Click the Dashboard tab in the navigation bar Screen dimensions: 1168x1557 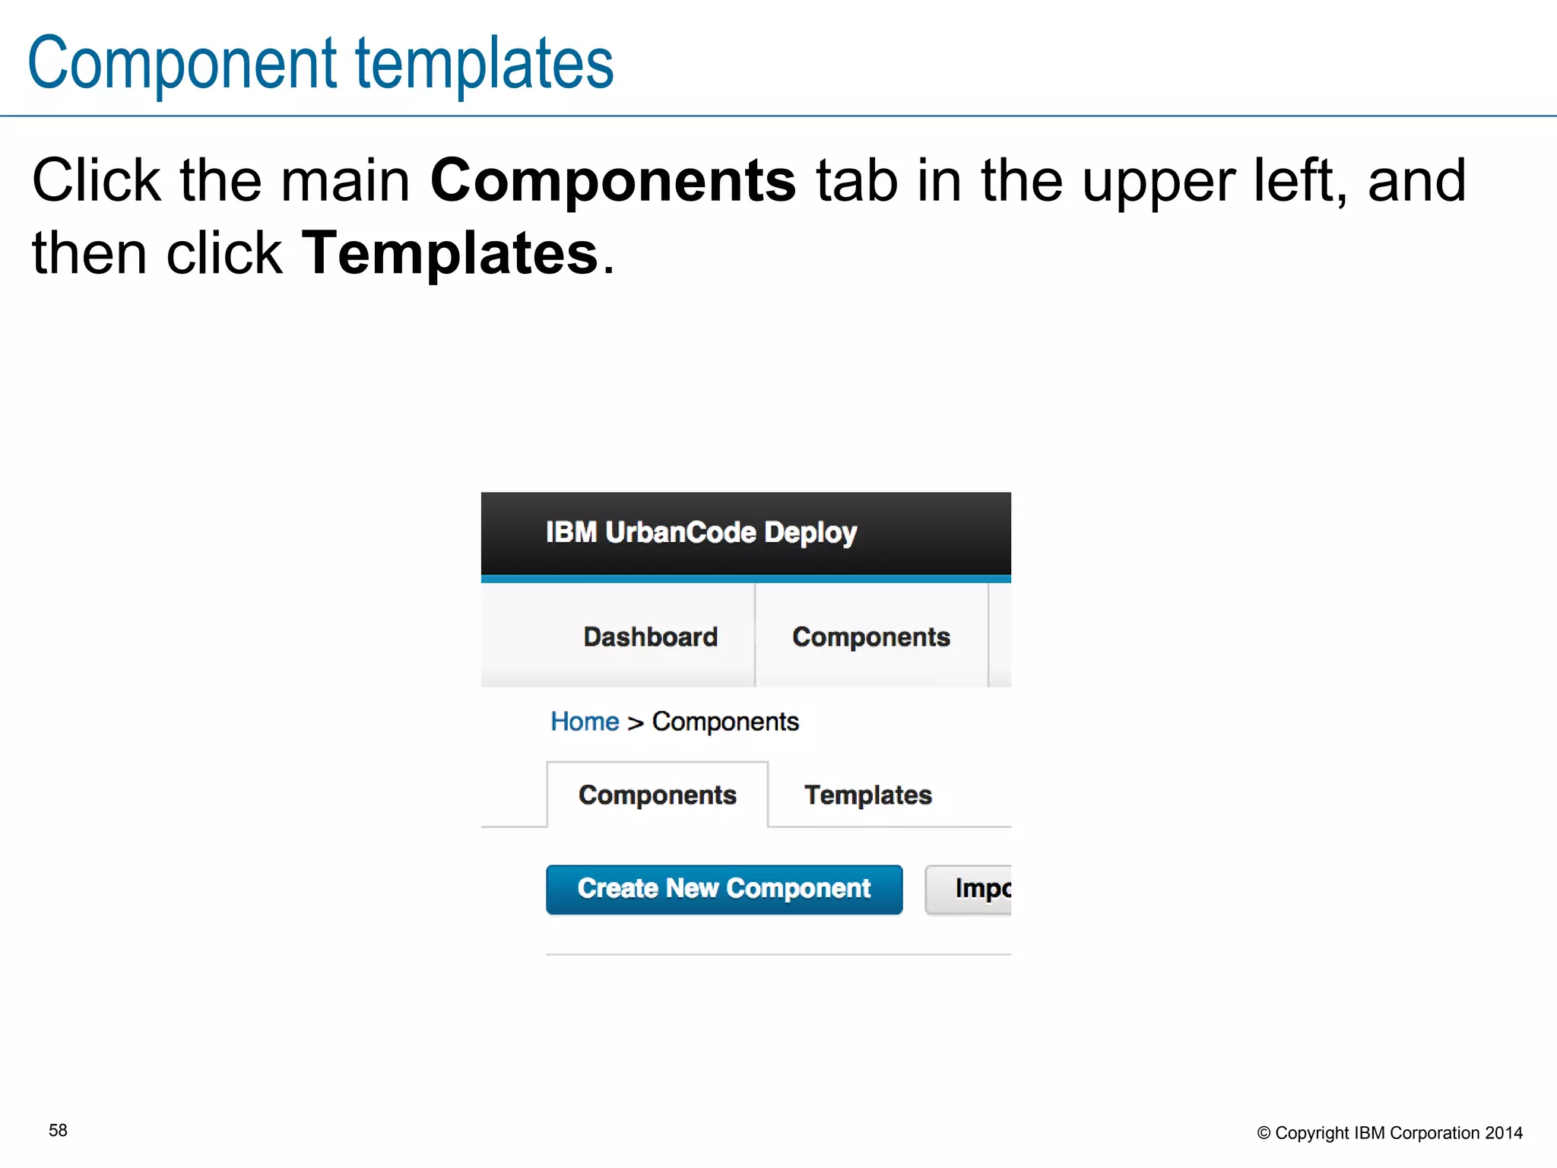click(x=650, y=636)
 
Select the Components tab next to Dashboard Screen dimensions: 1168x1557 click(x=870, y=636)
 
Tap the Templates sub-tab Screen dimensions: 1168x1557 click(x=867, y=795)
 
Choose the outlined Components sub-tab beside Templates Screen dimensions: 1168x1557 click(x=657, y=795)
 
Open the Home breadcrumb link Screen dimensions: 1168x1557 click(x=585, y=721)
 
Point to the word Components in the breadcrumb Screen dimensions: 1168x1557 click(x=725, y=721)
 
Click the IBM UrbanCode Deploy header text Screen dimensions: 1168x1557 click(x=701, y=532)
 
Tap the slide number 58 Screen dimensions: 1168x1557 click(x=58, y=1131)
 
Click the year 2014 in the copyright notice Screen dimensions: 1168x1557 click(x=1504, y=1133)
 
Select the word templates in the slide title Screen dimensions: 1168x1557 click(x=484, y=63)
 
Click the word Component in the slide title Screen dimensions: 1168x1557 click(x=182, y=63)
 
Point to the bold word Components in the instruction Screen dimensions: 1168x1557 click(x=613, y=180)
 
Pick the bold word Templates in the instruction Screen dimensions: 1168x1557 click(x=450, y=252)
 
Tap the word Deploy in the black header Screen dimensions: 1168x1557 click(x=810, y=532)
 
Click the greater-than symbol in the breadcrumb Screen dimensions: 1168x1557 click(x=636, y=722)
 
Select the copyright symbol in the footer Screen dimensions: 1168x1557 click(x=1264, y=1133)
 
